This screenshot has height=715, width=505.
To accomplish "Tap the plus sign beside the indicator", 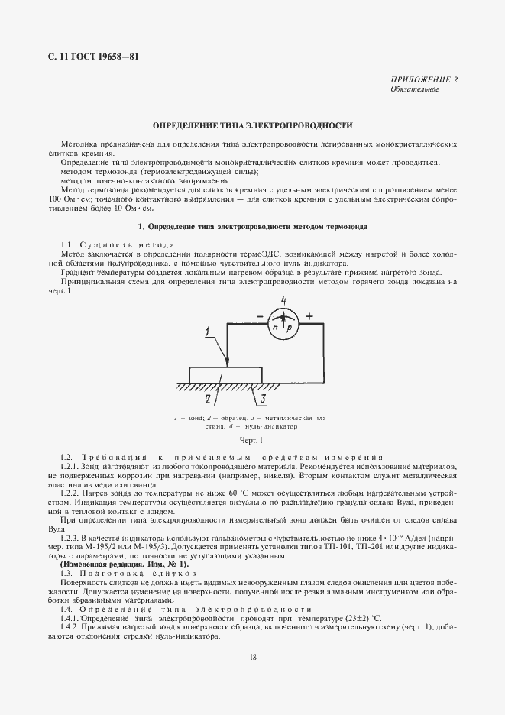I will click(x=309, y=315).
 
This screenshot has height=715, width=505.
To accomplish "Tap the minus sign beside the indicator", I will click(x=258, y=315).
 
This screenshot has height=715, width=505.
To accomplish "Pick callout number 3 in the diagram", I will click(x=262, y=397).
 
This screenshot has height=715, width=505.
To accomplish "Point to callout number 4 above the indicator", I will click(x=283, y=299).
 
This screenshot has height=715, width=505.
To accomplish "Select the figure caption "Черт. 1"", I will click(x=251, y=441).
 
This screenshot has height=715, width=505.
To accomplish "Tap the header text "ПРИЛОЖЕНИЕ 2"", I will click(x=424, y=80).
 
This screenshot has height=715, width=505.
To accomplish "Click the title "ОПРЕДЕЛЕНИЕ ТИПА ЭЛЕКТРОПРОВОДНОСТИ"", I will click(x=252, y=125).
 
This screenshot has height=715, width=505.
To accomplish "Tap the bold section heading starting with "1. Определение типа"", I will click(x=252, y=227).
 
